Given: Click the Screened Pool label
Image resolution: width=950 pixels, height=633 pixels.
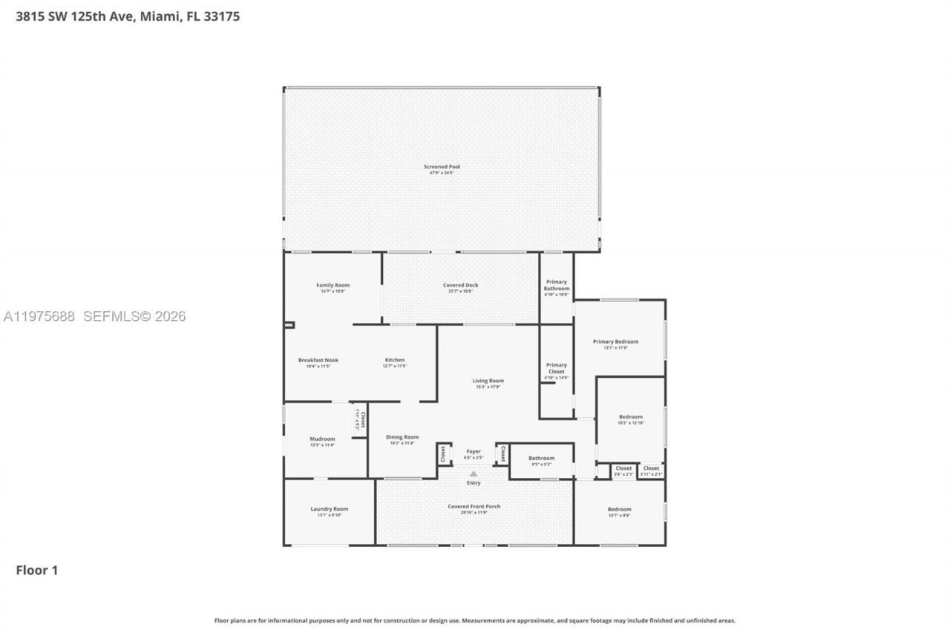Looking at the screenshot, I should point(442,167).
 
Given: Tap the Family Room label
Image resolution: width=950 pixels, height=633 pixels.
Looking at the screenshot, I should point(332,285).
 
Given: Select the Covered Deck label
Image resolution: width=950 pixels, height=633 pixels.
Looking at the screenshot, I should point(460,285).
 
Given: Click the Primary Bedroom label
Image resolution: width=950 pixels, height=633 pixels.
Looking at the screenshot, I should point(615,341).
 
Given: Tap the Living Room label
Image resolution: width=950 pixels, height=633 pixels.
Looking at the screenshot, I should point(488,381).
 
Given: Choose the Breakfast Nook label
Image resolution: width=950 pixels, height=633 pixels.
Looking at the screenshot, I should point(318,360).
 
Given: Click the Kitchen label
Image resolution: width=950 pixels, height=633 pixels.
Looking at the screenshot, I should point(394,360).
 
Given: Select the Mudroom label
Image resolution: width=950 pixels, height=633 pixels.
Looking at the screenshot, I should point(322,439).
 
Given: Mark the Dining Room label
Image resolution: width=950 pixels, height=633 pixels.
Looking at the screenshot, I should point(402,437).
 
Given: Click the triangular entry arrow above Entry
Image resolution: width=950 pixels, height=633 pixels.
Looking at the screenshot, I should point(474,473).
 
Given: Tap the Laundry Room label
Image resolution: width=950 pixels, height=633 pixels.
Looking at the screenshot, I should point(329,508).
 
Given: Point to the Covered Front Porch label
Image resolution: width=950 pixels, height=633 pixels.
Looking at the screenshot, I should point(474,506).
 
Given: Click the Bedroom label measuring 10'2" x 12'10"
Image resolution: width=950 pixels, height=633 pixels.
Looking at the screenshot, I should point(631,416).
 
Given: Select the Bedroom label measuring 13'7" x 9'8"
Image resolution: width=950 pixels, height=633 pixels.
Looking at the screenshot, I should point(619,509).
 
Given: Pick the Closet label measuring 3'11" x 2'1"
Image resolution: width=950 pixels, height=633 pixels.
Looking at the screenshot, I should point(651,468).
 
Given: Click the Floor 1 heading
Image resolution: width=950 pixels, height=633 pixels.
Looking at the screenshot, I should point(36,570).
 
